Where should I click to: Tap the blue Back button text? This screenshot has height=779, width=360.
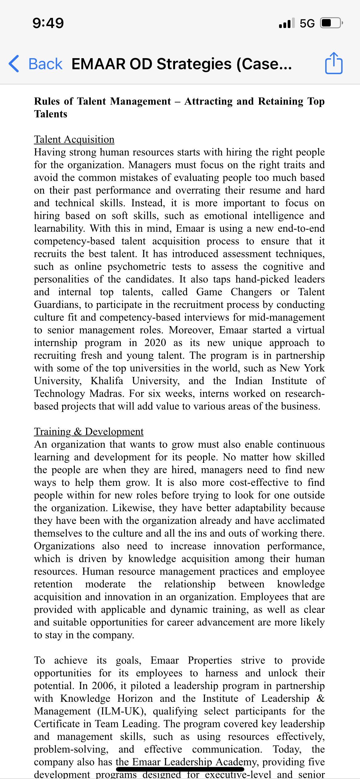click(45, 64)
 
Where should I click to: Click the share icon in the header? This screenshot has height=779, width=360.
click(334, 63)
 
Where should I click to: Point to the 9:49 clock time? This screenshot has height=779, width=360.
click(48, 23)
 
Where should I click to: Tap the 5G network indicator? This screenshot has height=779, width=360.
click(307, 23)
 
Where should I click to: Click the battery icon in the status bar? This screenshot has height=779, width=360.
click(331, 23)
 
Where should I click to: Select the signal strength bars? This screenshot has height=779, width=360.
click(286, 23)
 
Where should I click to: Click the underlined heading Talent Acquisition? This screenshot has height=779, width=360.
click(74, 139)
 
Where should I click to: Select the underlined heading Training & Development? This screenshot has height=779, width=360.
click(89, 432)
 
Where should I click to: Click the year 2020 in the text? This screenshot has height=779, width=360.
click(155, 343)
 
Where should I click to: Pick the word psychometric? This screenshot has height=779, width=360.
click(137, 266)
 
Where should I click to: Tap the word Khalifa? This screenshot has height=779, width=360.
click(107, 381)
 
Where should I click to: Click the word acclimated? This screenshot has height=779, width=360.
click(301, 521)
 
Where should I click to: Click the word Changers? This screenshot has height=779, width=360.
click(251, 292)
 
